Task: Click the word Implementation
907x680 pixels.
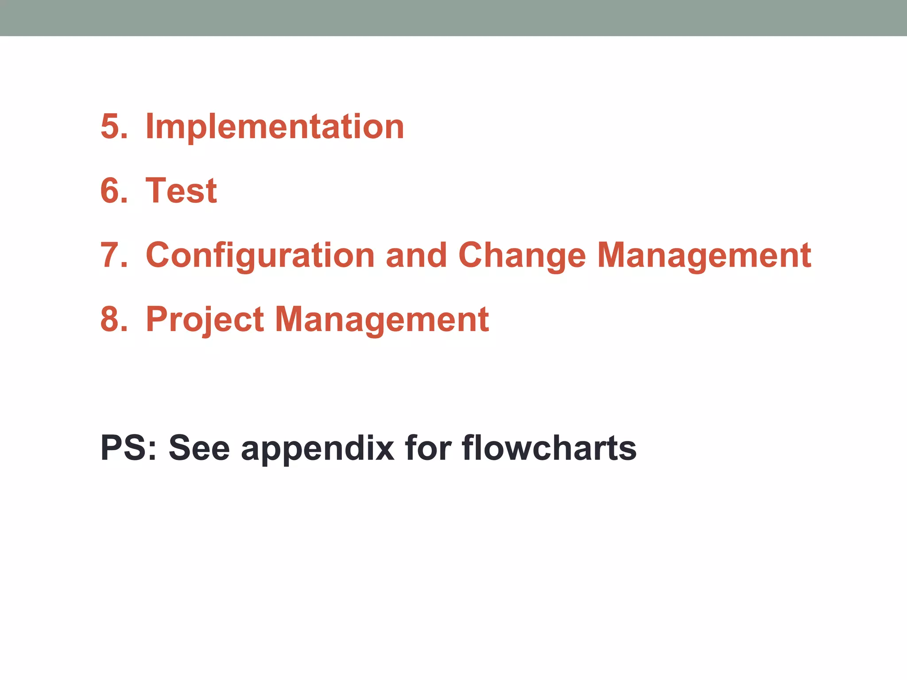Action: point(275,127)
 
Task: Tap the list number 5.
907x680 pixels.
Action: point(113,127)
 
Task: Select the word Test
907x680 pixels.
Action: point(181,191)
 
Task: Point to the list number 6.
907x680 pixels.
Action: point(113,191)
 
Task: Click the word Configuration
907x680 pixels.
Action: point(260,255)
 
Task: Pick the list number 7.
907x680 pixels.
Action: point(113,255)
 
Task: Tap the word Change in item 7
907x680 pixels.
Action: point(522,255)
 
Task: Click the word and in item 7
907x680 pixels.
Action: point(416,255)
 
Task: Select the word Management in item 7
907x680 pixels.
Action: point(704,255)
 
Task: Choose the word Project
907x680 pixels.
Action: point(205,320)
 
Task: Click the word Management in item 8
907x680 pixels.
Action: point(382,320)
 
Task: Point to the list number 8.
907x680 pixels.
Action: point(113,320)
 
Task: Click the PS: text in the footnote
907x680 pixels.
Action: point(128,448)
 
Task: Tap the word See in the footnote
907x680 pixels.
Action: point(199,448)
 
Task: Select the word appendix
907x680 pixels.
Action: point(318,448)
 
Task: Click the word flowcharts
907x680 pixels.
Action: point(549,448)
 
